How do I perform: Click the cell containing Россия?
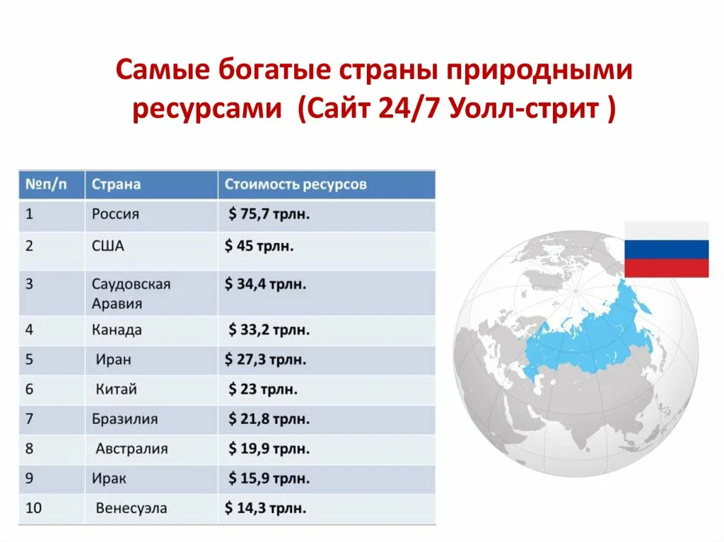[115, 214]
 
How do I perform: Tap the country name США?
[107, 247]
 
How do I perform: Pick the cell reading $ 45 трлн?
[259, 247]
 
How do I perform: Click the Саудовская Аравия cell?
[131, 293]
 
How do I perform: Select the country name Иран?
[113, 360]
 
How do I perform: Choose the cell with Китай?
[116, 389]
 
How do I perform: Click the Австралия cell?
[132, 449]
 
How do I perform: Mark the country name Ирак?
[109, 478]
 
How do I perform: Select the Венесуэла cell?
[132, 508]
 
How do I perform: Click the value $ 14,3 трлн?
[266, 508]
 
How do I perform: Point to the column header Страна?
[116, 184]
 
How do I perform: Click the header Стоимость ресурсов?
[296, 184]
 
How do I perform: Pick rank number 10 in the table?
[33, 508]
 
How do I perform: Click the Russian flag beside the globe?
[666, 249]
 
